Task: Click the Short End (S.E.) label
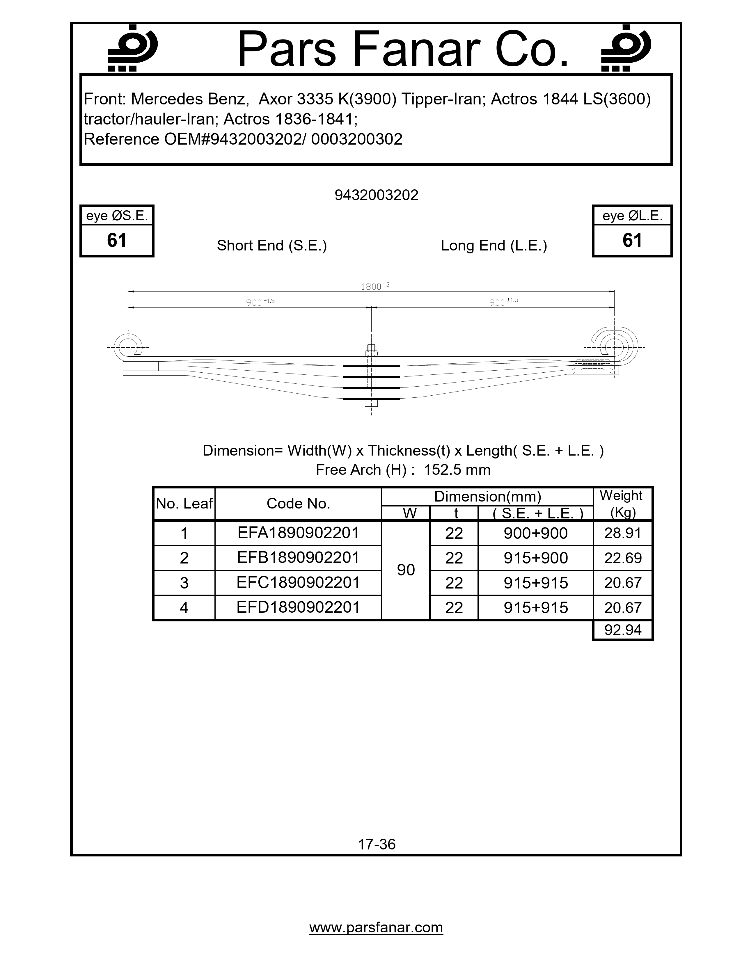coord(272,245)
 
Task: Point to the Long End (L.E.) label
coord(494,245)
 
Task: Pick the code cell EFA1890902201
coord(298,533)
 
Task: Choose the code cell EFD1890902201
coord(298,607)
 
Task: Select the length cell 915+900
coord(535,558)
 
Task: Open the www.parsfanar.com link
coord(376,927)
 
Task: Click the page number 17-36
coord(377,844)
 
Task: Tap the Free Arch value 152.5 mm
coord(457,470)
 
